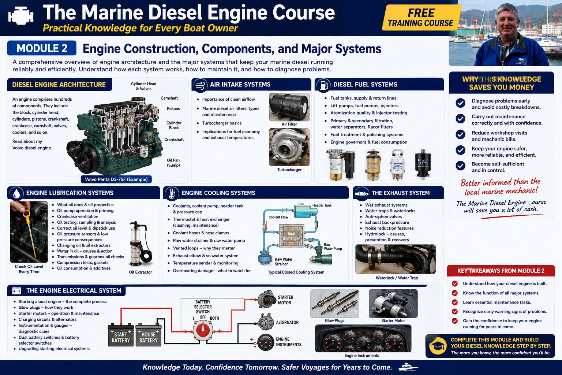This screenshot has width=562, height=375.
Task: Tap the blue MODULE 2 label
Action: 42,48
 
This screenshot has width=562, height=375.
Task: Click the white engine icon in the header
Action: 21,15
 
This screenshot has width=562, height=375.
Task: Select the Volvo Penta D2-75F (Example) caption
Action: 116,179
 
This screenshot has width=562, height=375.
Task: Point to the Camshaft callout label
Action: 169,98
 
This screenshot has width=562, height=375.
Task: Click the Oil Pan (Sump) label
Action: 173,163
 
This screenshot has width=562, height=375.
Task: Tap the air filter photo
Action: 289,107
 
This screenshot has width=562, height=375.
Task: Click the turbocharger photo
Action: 289,147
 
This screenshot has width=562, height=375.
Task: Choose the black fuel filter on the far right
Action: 423,163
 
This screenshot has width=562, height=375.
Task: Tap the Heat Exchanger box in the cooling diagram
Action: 292,236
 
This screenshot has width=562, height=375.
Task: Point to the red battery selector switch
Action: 203,330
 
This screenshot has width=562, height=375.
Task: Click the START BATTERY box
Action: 121,335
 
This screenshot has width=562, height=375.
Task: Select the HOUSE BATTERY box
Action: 149,335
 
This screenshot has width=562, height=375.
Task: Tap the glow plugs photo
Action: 335,304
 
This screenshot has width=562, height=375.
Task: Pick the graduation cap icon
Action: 438,346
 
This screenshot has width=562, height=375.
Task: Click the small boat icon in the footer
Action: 408,367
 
